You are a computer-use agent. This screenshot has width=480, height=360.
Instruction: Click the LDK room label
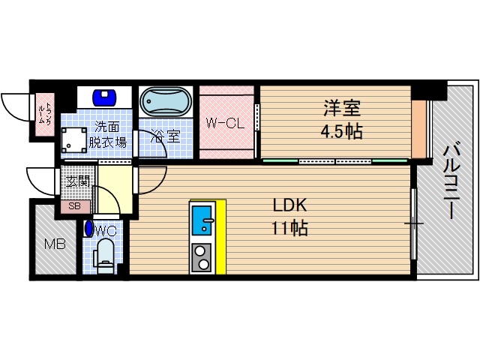pyautogui.click(x=288, y=205)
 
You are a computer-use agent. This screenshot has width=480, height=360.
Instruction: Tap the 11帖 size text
pyautogui.click(x=289, y=228)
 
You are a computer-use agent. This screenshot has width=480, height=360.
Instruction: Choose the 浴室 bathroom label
pyautogui.click(x=165, y=136)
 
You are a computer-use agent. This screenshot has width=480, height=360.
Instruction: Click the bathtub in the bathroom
pyautogui.click(x=166, y=103)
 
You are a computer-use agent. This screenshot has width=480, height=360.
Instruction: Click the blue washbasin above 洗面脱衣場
pyautogui.click(x=104, y=97)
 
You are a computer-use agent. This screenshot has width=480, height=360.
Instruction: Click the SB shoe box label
pyautogui.click(x=75, y=206)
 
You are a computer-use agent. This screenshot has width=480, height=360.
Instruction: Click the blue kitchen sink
pyautogui.click(x=202, y=220)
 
